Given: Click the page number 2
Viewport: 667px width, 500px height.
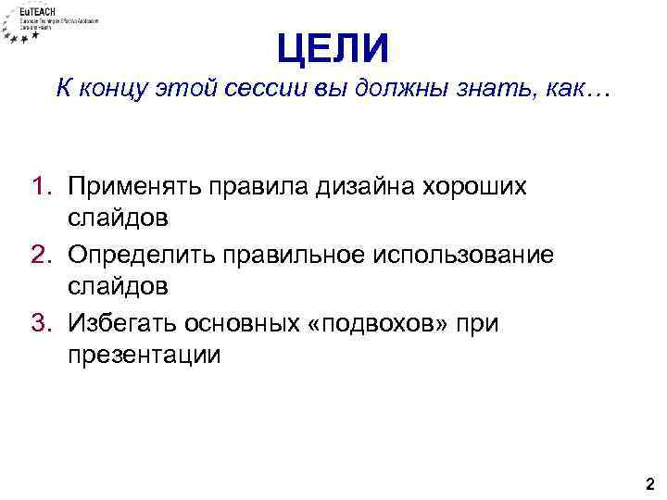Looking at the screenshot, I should (649, 482).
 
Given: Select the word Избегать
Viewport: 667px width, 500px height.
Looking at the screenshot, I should (129, 322).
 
